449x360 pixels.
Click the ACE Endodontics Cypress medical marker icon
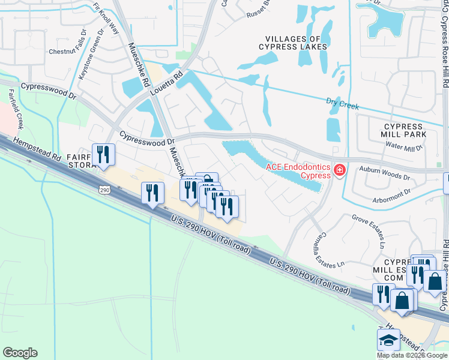pyautogui.click(x=340, y=171)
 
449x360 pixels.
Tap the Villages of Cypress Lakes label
pyautogui.click(x=294, y=42)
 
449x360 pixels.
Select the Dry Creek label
pyautogui.click(x=342, y=104)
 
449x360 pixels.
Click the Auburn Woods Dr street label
pyautogui.click(x=384, y=174)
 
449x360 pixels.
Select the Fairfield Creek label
pyautogui.click(x=15, y=109)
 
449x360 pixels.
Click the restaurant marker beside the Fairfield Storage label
pyautogui.click(x=103, y=155)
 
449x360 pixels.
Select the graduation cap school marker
pyautogui.click(x=388, y=340)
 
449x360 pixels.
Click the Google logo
pyautogui.click(x=20, y=353)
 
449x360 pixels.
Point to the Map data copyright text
pyautogui.click(x=412, y=355)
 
